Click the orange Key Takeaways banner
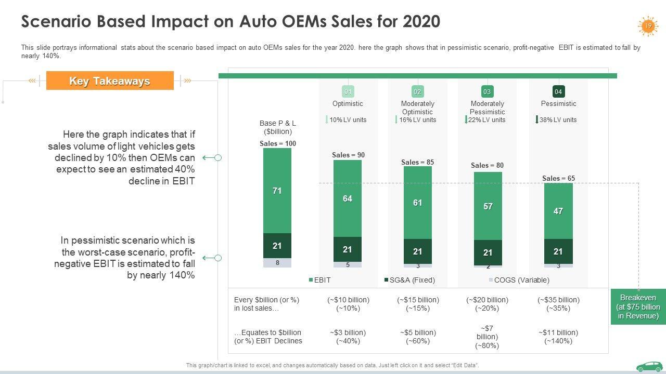click(x=110, y=81)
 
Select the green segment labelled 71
click(x=277, y=191)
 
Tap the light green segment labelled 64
click(x=348, y=198)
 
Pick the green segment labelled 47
click(x=558, y=211)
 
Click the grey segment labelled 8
click(x=277, y=263)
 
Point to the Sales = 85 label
click(x=417, y=162)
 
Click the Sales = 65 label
click(x=558, y=178)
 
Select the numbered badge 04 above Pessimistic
click(x=558, y=92)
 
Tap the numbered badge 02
click(x=417, y=92)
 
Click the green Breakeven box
click(x=638, y=306)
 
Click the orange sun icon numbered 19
click(x=648, y=26)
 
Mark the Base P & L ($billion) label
click(x=277, y=127)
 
